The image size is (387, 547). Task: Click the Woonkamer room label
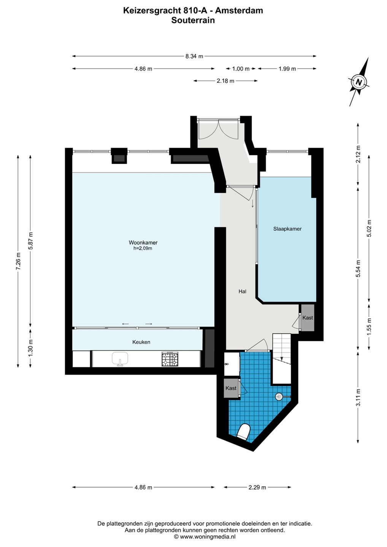click(143, 242)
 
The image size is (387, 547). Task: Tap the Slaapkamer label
click(287, 229)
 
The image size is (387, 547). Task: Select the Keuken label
click(141, 342)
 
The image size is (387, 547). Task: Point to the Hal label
click(243, 291)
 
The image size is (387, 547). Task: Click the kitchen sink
click(120, 359)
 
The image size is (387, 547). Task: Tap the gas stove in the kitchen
click(170, 359)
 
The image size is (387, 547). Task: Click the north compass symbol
click(359, 82)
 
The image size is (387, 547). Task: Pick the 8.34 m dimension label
click(194, 56)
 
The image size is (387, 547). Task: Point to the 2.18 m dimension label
click(225, 81)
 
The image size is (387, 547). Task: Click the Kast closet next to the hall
click(308, 318)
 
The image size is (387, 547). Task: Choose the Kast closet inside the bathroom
click(231, 388)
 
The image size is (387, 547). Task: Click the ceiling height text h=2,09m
click(143, 248)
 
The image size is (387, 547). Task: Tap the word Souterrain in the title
click(193, 20)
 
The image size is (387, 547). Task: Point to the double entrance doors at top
click(218, 129)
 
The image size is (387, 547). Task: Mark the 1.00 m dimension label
click(241, 69)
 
